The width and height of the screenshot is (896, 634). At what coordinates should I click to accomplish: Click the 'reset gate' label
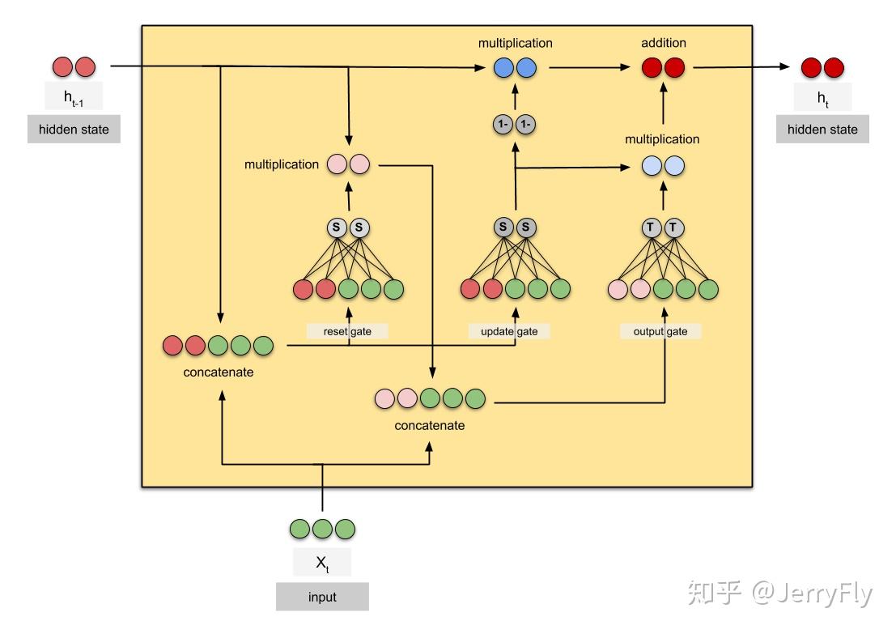tap(347, 331)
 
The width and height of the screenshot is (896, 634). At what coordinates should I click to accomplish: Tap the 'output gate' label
tap(660, 331)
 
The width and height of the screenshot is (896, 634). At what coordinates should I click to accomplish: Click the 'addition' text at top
tap(663, 43)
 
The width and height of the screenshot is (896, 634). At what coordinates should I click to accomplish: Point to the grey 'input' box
tap(322, 598)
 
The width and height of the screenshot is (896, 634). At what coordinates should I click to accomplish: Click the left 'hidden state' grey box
tap(74, 130)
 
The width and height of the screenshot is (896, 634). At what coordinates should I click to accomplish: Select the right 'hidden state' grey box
tap(822, 130)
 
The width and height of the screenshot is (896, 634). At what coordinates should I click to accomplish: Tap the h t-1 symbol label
tap(74, 97)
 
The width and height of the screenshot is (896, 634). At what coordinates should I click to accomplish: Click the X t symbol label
tap(322, 562)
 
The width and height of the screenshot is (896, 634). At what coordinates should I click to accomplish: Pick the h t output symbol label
tap(822, 97)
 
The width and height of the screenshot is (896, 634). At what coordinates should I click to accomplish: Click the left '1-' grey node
tap(503, 125)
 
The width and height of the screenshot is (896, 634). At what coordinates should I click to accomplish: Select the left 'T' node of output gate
tap(651, 228)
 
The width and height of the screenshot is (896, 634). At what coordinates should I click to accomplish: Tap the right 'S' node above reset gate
tap(359, 228)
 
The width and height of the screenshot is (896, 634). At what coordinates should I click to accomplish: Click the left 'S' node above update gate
tap(503, 228)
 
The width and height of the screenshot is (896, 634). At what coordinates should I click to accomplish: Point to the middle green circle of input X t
tap(323, 529)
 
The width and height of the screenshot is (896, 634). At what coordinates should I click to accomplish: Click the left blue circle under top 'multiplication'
tap(504, 68)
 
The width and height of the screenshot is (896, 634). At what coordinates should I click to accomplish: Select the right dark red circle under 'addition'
tap(674, 68)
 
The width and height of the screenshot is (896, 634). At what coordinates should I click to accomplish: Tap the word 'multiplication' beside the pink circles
tap(282, 164)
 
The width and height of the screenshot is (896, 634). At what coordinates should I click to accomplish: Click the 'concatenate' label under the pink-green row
tap(430, 425)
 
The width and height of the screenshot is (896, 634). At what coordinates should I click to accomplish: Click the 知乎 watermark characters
tap(715, 594)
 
